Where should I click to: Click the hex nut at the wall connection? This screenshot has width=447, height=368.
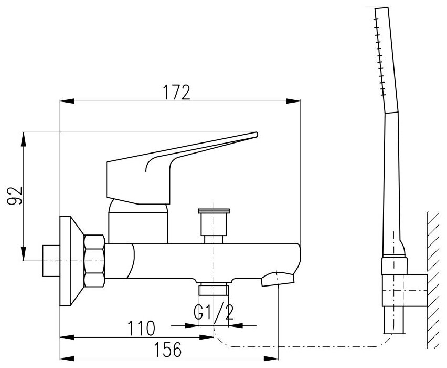(96, 261)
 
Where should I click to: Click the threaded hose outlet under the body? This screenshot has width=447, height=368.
(214, 290)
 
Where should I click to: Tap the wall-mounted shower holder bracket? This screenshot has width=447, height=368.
(405, 290)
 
